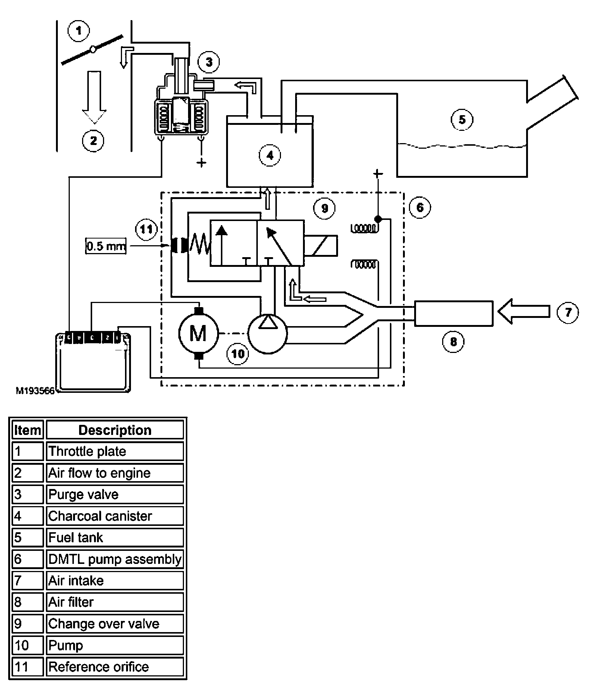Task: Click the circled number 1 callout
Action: tap(79, 31)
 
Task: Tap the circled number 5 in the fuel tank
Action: tap(462, 120)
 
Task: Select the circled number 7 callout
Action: tap(568, 312)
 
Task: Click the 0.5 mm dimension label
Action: tap(106, 246)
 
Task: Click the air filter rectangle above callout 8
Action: tap(454, 313)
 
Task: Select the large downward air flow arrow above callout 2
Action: tap(94, 98)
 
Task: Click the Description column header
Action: tap(115, 430)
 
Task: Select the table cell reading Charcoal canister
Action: tap(115, 516)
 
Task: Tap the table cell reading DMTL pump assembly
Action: tap(115, 559)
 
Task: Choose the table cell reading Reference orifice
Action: tap(115, 667)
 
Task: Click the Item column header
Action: tap(28, 430)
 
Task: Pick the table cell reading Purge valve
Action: tap(115, 495)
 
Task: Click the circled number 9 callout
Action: tap(324, 208)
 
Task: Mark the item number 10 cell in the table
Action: tap(28, 645)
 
